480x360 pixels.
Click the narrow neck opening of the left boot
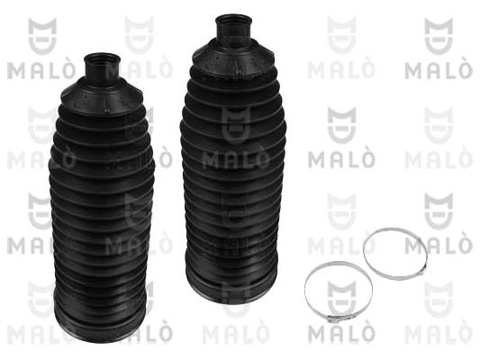pos(103,66)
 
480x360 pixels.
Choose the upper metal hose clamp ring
pos(395,254)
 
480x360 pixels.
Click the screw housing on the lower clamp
pos(334,319)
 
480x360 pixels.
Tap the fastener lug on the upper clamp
pos(421,270)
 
